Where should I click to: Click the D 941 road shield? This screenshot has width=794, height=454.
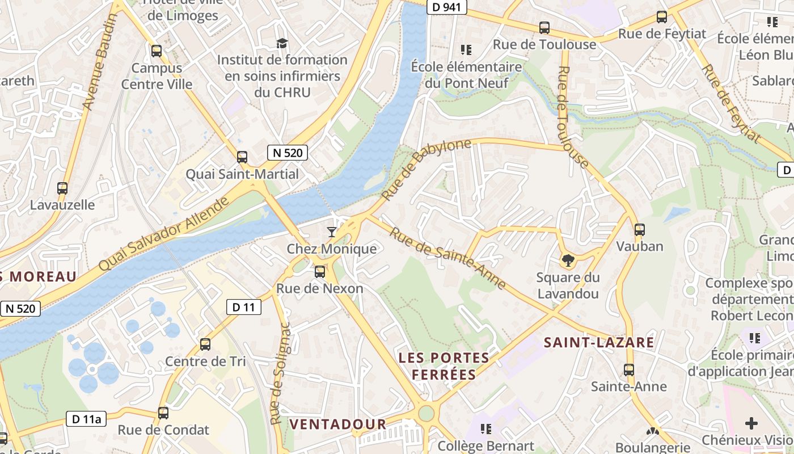(446, 7)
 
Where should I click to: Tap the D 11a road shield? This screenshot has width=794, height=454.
(87, 419)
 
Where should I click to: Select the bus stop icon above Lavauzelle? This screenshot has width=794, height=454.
(62, 188)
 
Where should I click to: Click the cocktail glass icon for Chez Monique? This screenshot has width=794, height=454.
(332, 232)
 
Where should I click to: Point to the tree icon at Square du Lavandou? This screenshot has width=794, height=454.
(567, 260)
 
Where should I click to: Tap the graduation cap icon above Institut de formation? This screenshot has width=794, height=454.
(282, 43)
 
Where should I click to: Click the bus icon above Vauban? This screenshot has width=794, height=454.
(640, 230)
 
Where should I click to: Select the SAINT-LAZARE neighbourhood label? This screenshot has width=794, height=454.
(599, 342)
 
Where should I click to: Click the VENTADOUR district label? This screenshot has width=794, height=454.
(337, 424)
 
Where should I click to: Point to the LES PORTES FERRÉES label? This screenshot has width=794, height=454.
(444, 366)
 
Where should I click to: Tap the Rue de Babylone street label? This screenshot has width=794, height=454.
(426, 169)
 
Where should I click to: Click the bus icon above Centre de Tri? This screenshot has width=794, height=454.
(205, 344)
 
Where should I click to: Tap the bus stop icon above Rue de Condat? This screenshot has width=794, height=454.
(163, 413)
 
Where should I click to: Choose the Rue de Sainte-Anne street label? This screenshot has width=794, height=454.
(447, 258)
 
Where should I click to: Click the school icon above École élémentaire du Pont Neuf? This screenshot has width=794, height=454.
(466, 50)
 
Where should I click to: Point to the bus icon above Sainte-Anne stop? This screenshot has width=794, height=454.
(629, 370)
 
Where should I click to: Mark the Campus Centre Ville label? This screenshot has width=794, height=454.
(157, 76)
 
